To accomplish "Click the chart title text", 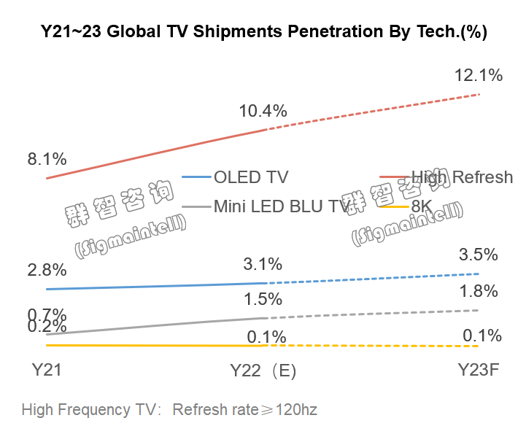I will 263,32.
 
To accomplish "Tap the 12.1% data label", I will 478,75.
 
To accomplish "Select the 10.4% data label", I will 263,111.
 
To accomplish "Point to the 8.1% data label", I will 47,159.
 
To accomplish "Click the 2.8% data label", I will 47,269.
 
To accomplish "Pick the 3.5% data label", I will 478,255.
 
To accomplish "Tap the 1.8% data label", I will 478,292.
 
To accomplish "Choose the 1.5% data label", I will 263,299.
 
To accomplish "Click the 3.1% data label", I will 263,263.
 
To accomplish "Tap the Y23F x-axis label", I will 478,370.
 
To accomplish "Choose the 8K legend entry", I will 422,206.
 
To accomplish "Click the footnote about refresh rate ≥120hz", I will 169,409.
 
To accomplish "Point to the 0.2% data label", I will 47,328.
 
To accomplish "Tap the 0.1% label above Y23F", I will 482,336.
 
